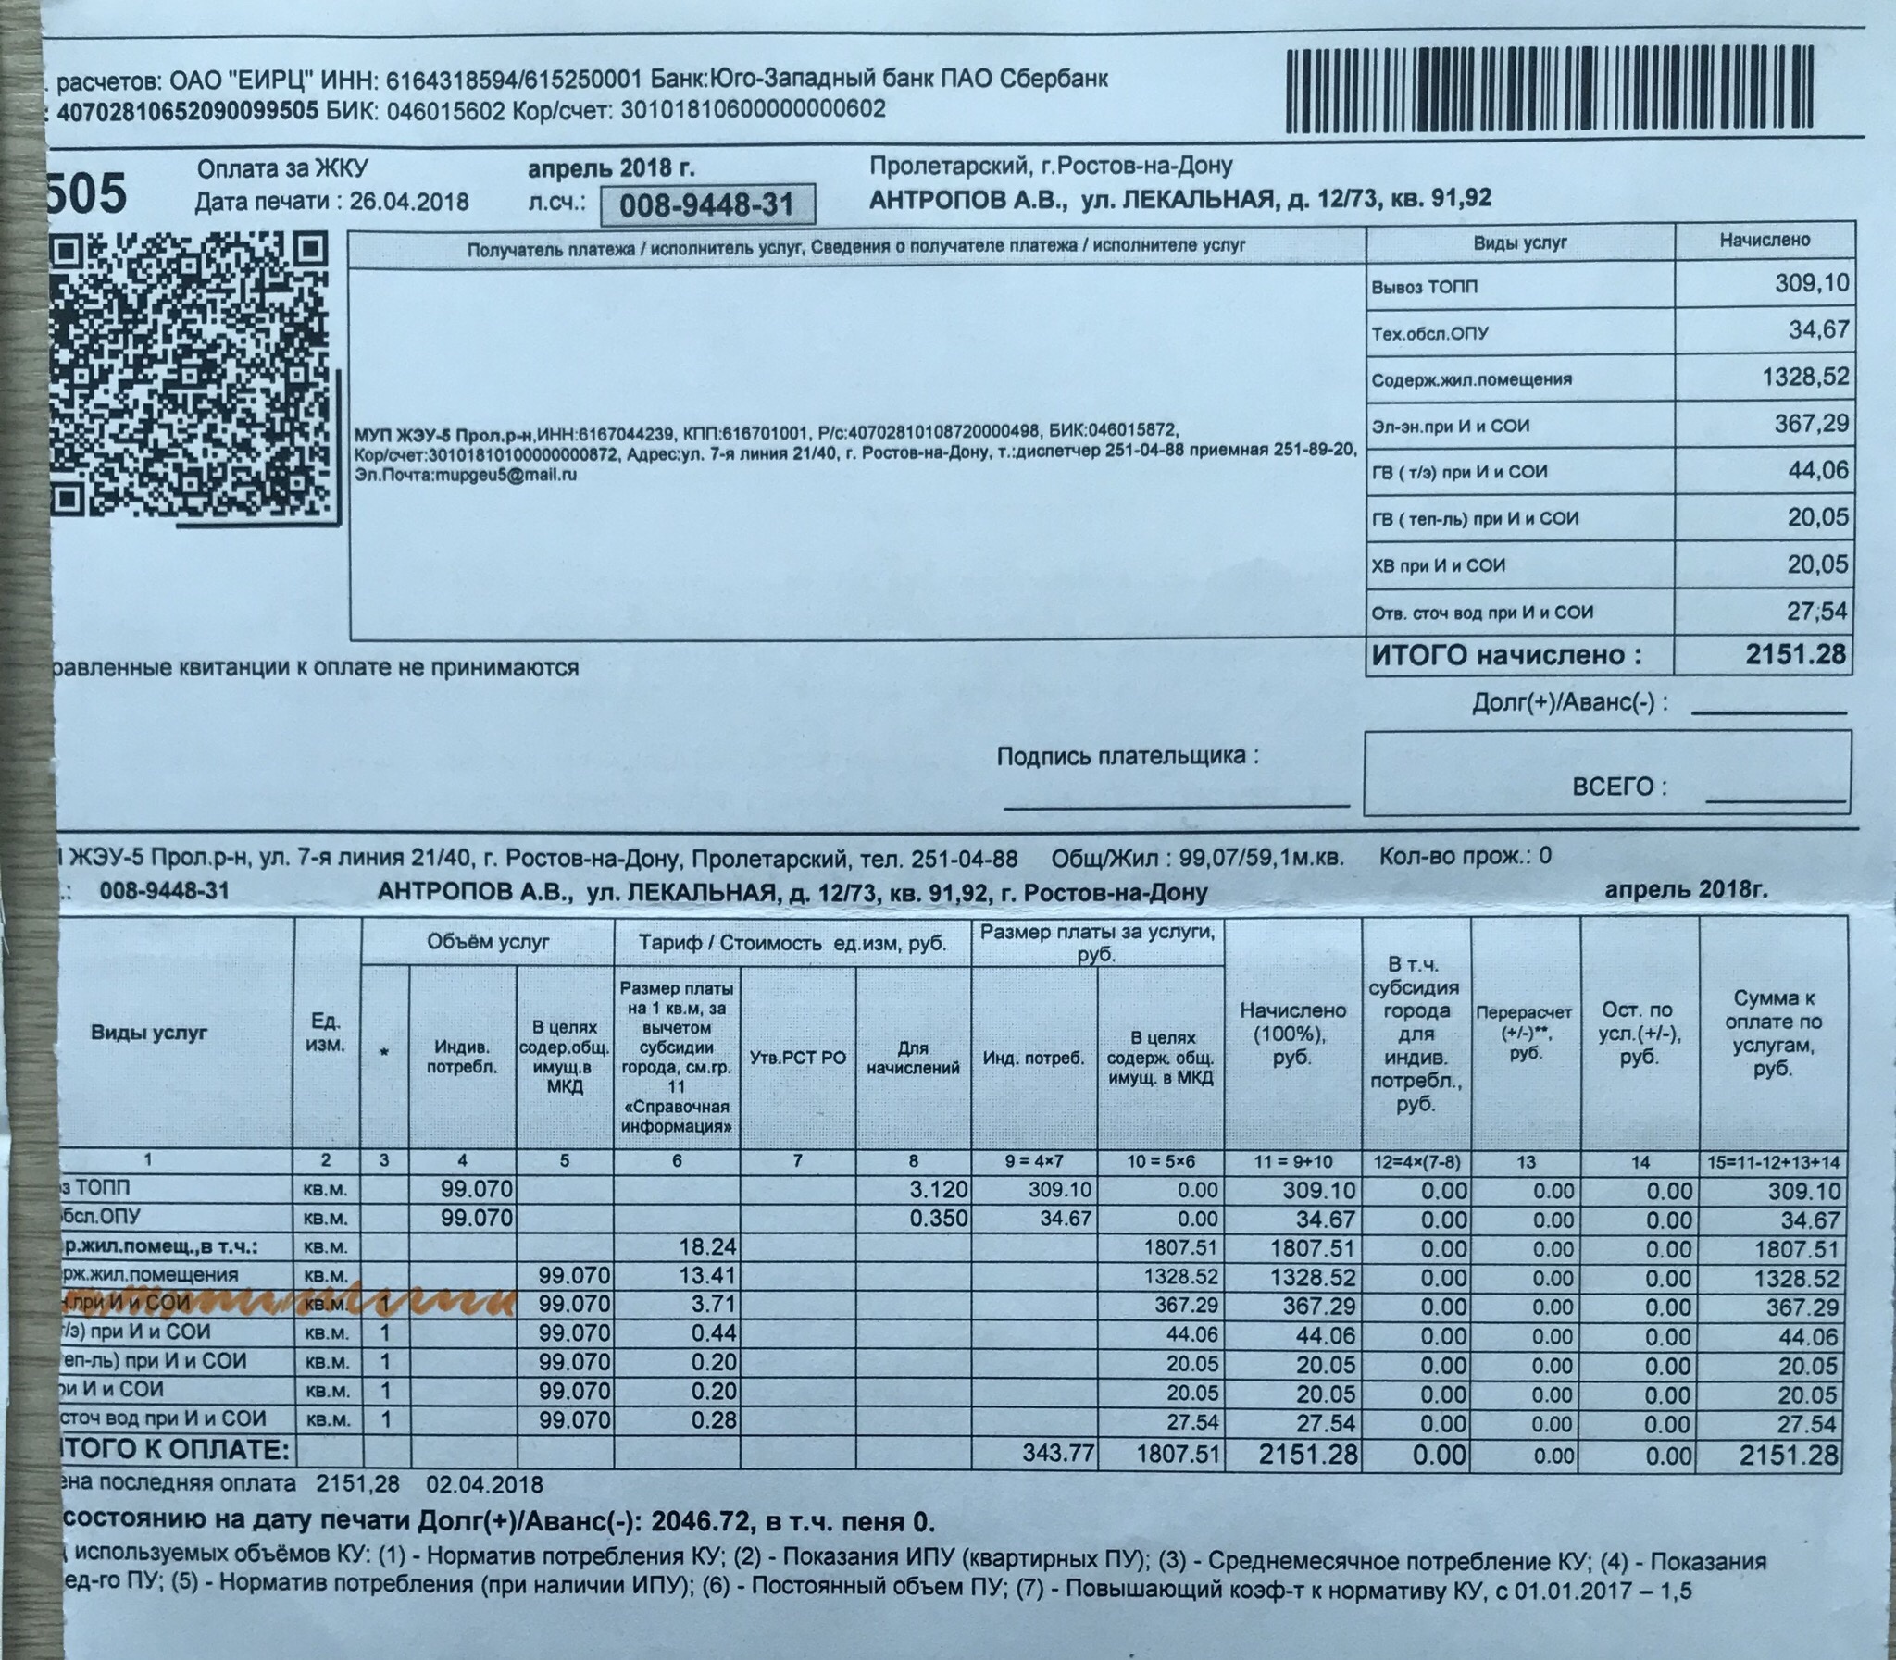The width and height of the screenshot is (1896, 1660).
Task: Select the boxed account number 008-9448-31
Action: (x=707, y=204)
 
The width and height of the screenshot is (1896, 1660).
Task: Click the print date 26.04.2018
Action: (x=408, y=202)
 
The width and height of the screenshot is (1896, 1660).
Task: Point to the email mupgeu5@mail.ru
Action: (x=466, y=475)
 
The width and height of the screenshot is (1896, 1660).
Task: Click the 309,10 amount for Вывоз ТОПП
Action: (x=1812, y=283)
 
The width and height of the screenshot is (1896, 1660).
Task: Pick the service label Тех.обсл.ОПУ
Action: (x=1430, y=333)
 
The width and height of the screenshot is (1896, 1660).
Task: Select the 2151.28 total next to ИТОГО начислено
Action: (x=1795, y=655)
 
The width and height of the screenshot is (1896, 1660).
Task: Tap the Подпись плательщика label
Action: (x=1128, y=756)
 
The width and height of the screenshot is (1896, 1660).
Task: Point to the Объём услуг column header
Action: (x=488, y=942)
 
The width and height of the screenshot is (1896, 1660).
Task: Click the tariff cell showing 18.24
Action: (x=707, y=1247)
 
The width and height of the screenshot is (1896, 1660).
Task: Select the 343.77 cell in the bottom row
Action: (x=1058, y=1454)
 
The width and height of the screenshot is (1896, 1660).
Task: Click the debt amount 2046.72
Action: (x=694, y=1521)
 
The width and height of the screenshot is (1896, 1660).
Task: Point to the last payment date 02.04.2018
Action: (x=484, y=1484)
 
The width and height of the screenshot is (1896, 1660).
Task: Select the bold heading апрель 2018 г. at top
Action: (x=611, y=168)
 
